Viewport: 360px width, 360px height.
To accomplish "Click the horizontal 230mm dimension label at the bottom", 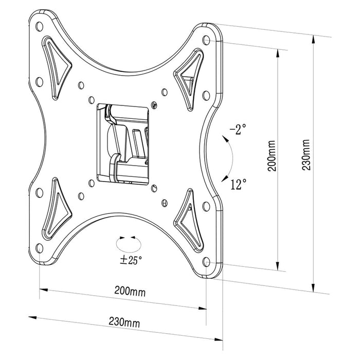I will [x=124, y=323].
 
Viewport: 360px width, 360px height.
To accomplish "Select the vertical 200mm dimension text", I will [x=273, y=157].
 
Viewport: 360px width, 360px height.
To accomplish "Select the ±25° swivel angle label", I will [x=130, y=259].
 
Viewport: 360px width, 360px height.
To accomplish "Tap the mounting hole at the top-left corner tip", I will [x=40, y=24].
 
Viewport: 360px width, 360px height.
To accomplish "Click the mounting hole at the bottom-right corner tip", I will [x=206, y=261].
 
